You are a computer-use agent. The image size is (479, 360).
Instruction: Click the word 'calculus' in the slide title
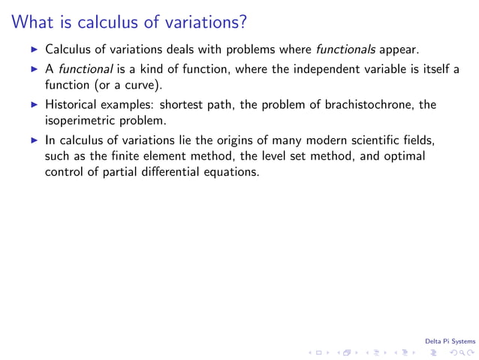105,23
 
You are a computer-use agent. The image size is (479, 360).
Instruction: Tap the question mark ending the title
242,23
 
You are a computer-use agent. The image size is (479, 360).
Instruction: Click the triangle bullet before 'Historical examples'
34,105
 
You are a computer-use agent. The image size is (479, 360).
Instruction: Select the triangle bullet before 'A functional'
34,70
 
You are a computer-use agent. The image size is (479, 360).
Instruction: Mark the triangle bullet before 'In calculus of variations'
34,141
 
